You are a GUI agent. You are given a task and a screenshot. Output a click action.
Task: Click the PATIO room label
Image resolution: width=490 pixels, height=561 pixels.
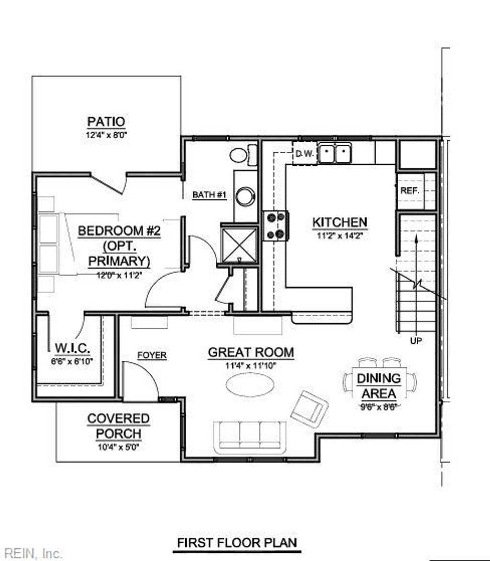coord(106,122)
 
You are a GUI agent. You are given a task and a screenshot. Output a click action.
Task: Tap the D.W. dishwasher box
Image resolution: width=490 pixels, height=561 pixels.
coord(304,154)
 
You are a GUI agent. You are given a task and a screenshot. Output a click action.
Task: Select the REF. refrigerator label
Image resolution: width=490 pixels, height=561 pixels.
coord(409,190)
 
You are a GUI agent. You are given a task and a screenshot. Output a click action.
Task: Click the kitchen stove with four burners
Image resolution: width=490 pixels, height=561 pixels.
coord(275,226)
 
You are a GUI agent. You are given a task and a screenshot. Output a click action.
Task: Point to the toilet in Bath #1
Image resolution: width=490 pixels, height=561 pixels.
coord(242,155)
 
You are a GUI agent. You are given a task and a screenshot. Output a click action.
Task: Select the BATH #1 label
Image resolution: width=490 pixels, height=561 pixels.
coord(209,195)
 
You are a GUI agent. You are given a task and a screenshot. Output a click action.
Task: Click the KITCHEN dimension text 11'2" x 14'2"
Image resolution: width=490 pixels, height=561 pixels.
coord(340,236)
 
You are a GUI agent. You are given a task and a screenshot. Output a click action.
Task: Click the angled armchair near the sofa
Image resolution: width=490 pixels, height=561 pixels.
coord(309,408)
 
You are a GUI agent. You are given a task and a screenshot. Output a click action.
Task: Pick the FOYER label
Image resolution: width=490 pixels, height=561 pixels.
coord(152,355)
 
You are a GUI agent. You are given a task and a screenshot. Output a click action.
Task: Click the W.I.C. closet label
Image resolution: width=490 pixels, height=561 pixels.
coord(73,347)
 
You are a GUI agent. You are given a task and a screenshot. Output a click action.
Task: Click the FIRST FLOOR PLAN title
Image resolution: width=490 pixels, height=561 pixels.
coord(237,543)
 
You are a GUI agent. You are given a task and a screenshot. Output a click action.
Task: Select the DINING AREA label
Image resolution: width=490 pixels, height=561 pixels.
coord(379,386)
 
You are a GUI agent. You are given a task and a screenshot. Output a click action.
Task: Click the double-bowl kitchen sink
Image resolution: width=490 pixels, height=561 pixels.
coord(334,154)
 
